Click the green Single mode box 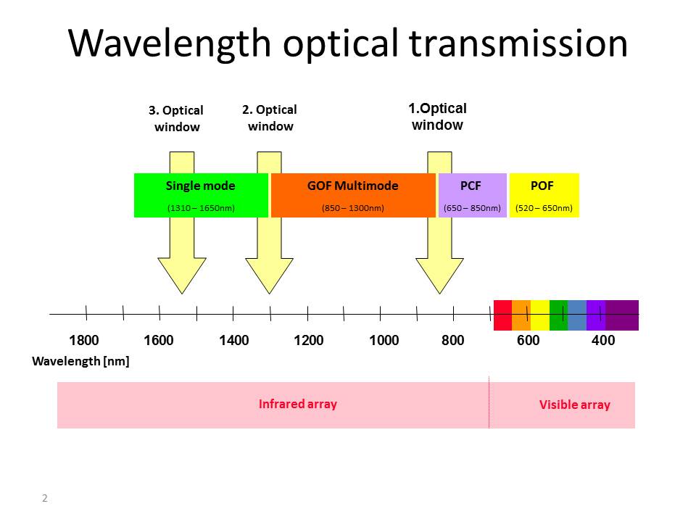201,195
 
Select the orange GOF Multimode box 353,195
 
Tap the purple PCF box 472,195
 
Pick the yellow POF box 544,195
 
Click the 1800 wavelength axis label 84,341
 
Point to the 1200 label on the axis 309,341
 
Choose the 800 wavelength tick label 453,341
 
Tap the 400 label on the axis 603,341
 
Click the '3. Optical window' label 176,119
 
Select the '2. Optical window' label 270,118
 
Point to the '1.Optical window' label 438,117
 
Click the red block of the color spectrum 502,315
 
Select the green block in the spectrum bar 558,315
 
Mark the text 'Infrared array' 298,404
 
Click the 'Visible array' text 575,405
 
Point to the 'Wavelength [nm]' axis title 81,361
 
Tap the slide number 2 45,498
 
